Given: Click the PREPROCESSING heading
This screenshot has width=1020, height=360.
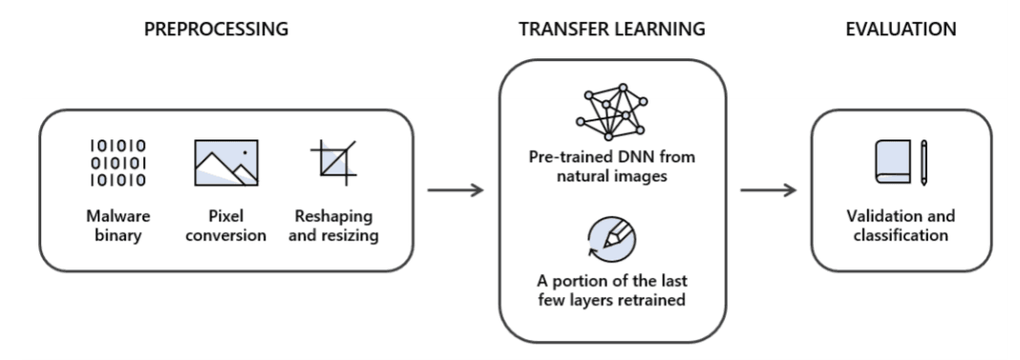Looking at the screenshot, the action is click(x=216, y=30).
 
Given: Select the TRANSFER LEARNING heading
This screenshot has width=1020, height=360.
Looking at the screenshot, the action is click(x=611, y=30).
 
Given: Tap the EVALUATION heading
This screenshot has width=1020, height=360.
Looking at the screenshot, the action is click(x=901, y=30).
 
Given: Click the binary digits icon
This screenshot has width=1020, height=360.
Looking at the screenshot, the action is click(x=117, y=162).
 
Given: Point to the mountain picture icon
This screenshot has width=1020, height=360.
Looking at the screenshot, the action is click(x=226, y=162).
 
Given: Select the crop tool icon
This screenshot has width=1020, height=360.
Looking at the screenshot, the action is click(x=333, y=162).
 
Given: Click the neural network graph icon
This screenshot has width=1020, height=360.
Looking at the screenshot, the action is click(x=611, y=112).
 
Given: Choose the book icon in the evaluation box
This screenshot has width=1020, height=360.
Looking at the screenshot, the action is click(x=892, y=161).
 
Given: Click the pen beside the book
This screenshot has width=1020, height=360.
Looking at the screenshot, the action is click(x=924, y=162).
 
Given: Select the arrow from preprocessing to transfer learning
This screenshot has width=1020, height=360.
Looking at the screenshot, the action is click(x=456, y=190).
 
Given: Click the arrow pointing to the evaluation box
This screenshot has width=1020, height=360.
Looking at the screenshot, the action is click(x=768, y=190).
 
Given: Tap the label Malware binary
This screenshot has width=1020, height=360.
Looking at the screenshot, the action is click(x=117, y=225).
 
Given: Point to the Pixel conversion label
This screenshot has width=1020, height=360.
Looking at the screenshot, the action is click(x=225, y=225).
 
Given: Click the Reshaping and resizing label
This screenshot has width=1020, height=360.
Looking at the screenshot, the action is click(x=333, y=225).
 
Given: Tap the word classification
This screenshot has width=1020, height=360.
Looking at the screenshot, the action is click(x=901, y=235).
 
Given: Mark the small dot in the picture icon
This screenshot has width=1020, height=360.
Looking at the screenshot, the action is click(x=244, y=153).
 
